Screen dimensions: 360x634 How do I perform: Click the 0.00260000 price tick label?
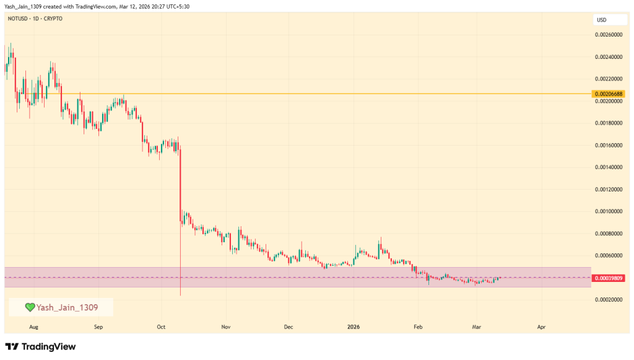[609, 35]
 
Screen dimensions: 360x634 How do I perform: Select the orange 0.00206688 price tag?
[609, 94]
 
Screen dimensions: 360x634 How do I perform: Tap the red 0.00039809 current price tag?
[609, 278]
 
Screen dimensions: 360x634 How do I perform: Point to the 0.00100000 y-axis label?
[609, 211]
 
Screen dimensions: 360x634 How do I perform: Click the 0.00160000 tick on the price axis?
[609, 145]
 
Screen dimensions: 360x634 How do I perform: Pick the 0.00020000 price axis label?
[609, 300]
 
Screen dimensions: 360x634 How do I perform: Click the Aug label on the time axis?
[33, 326]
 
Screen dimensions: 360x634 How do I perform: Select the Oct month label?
[161, 326]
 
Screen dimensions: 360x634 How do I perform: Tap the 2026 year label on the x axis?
[354, 326]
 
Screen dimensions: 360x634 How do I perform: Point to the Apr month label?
[542, 326]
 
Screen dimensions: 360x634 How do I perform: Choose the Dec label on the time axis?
[289, 326]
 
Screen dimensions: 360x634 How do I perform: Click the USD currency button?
[601, 20]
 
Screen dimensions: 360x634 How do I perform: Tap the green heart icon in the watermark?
[29, 307]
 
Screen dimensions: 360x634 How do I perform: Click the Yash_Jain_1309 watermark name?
[66, 307]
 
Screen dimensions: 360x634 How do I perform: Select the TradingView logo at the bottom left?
[40, 346]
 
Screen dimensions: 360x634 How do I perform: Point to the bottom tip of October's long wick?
[180, 296]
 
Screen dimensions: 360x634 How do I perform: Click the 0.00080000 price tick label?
[609, 234]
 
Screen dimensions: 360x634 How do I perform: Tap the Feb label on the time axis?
[417, 326]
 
